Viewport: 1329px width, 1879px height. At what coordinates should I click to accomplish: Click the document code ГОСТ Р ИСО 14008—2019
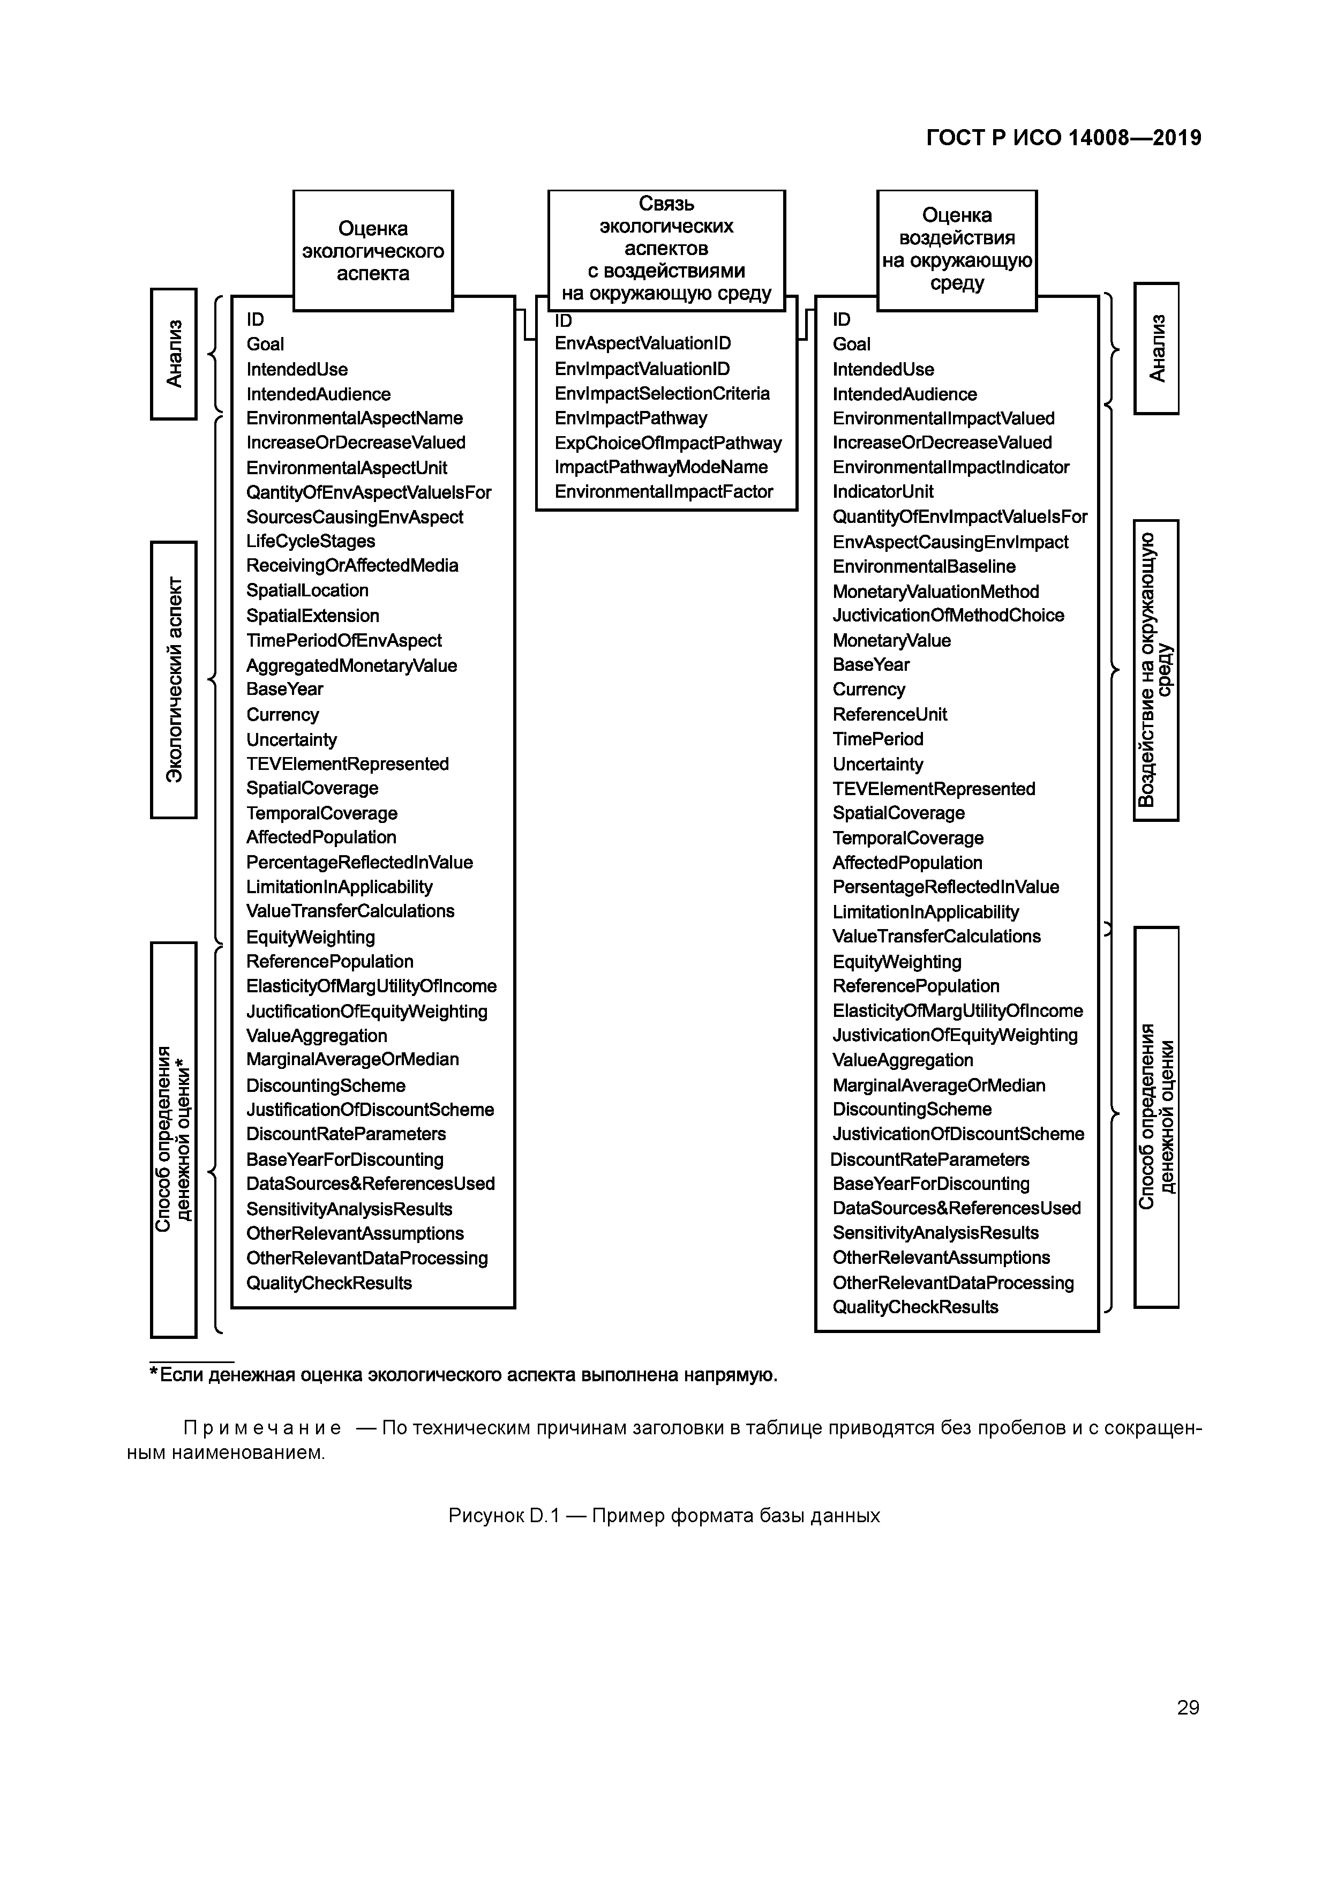pyautogui.click(x=1063, y=138)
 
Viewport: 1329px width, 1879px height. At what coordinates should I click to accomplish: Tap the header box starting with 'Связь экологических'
pyautogui.click(x=666, y=249)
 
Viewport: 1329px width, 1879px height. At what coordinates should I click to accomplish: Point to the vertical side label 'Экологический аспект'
pyautogui.click(x=174, y=679)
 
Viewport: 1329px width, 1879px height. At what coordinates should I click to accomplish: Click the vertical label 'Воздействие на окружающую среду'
pyautogui.click(x=1155, y=669)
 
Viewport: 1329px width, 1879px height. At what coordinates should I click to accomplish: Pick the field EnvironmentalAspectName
pyautogui.click(x=354, y=418)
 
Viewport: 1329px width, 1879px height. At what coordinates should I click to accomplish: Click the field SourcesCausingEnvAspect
pyautogui.click(x=354, y=517)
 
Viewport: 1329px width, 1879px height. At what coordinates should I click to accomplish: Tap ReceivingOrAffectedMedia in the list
pyautogui.click(x=352, y=565)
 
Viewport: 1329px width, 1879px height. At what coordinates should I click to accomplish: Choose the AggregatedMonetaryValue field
pyautogui.click(x=351, y=665)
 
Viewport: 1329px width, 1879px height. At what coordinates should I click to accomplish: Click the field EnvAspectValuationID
pyautogui.click(x=642, y=344)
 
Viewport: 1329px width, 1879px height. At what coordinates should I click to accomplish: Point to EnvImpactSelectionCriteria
pyautogui.click(x=661, y=394)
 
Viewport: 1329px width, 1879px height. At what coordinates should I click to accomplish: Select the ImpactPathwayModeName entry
pyautogui.click(x=660, y=467)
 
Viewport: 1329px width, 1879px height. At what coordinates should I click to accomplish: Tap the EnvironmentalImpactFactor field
pyautogui.click(x=663, y=492)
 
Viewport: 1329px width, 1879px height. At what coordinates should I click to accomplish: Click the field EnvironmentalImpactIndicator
pyautogui.click(x=950, y=467)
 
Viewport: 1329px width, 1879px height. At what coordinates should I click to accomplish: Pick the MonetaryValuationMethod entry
pyautogui.click(x=935, y=592)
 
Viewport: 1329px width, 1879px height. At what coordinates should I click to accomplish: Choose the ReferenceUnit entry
pyautogui.click(x=890, y=714)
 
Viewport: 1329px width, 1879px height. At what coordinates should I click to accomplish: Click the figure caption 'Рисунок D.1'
pyautogui.click(x=664, y=1516)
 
